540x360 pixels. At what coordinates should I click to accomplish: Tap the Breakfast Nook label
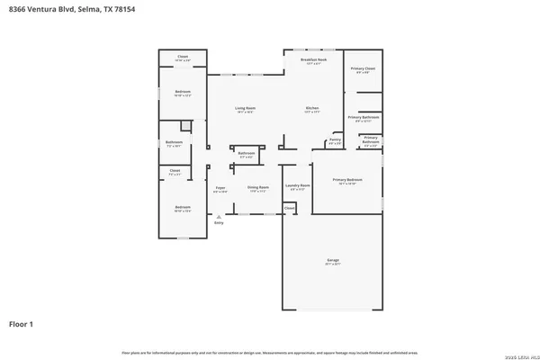[x=313, y=59]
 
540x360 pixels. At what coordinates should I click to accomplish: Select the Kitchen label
[x=312, y=109]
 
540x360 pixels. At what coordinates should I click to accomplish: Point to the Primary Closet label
[x=363, y=68]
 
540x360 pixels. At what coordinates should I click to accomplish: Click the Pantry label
[x=334, y=139]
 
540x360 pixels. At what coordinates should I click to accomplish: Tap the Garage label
[x=333, y=260]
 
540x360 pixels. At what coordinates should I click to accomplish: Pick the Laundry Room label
[x=297, y=186]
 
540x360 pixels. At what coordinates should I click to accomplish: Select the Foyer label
[x=220, y=188]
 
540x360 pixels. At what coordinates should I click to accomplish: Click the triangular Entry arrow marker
[x=217, y=216]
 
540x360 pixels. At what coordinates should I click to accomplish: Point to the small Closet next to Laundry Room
[x=289, y=208]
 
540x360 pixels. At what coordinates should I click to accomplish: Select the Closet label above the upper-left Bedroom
[x=182, y=56]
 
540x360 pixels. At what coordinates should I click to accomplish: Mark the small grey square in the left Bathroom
[x=185, y=126]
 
